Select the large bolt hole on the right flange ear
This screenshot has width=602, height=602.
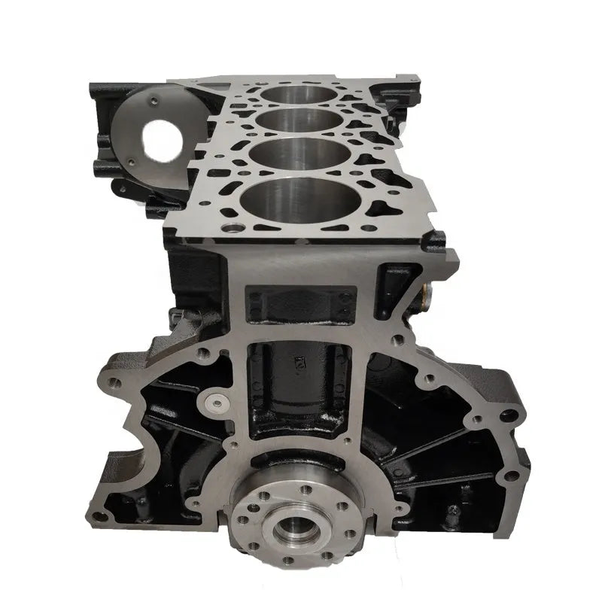click(513, 412)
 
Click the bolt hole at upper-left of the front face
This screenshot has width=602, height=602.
click(202, 350)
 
